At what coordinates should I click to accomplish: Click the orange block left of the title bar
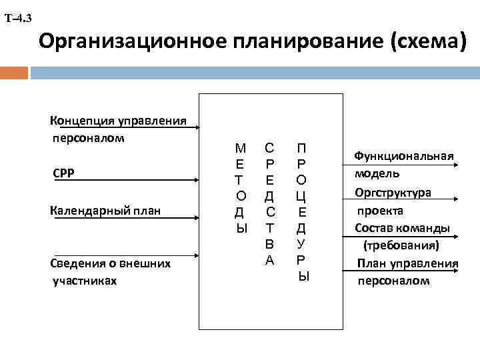point(14,71)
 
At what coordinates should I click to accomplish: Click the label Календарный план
point(105,211)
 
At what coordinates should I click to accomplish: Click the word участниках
point(85,281)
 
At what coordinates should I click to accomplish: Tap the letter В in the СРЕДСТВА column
point(269,245)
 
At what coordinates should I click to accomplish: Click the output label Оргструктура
point(393,192)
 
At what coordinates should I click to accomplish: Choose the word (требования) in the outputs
point(401,245)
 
